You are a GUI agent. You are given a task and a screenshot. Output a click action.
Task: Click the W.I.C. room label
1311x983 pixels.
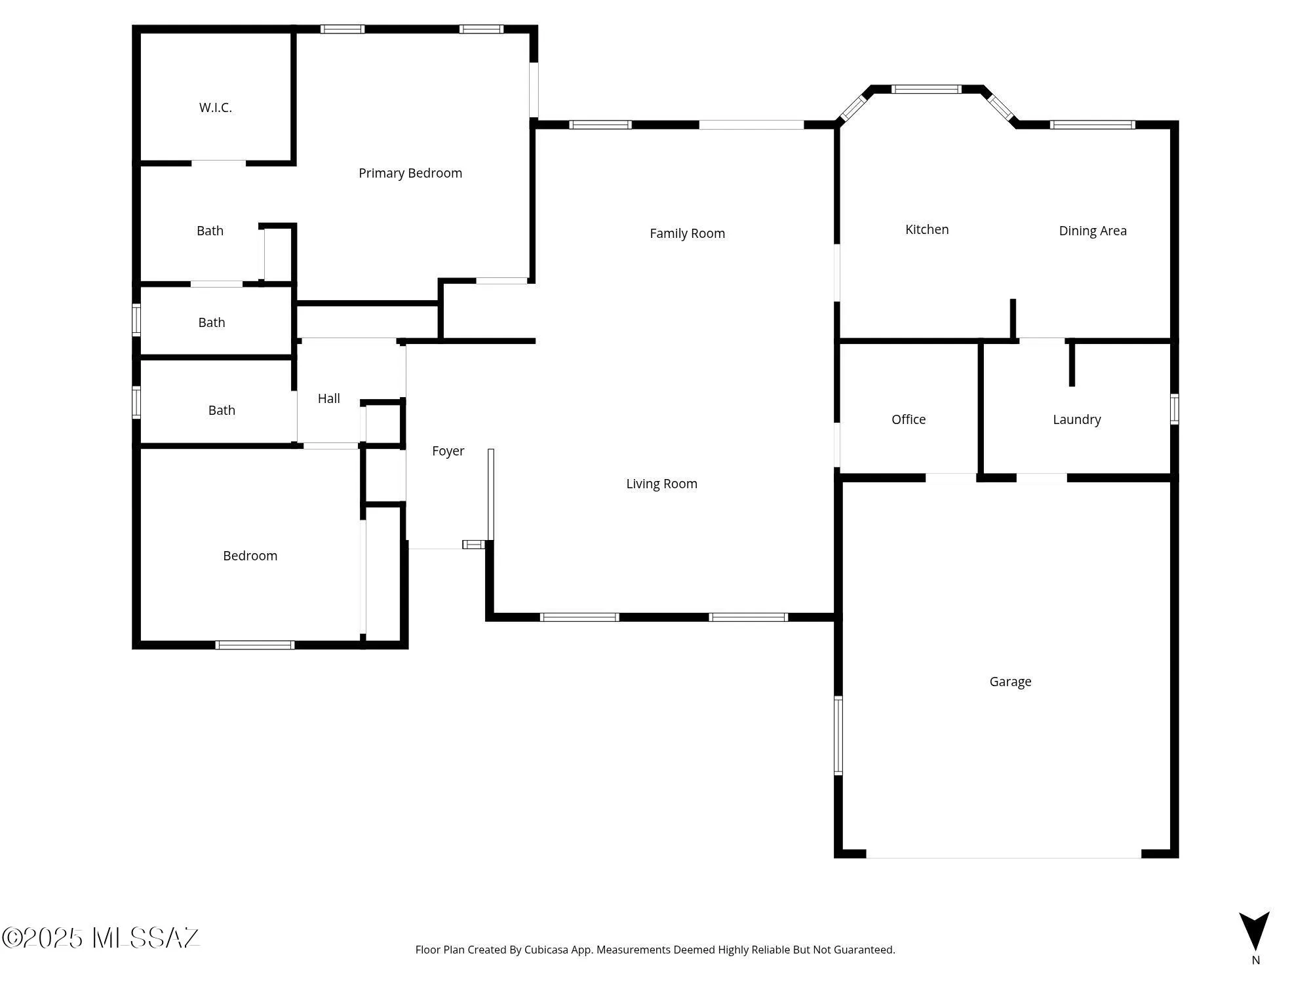[x=215, y=107]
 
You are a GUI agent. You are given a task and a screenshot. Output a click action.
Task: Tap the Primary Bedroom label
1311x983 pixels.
[x=410, y=173]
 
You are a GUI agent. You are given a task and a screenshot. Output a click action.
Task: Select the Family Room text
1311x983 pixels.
[x=687, y=233]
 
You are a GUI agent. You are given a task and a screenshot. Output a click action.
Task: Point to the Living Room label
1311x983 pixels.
[x=661, y=484]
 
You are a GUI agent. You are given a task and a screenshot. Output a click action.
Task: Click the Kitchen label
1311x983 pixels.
[x=926, y=229]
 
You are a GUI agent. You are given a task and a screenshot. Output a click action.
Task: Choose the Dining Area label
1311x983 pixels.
[x=1092, y=231]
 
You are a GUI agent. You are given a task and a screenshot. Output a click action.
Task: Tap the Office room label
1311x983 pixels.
[x=908, y=419]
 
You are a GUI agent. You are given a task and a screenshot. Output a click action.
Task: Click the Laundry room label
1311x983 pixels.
[x=1076, y=419]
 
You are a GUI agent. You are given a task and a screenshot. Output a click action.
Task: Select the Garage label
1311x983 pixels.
[x=1009, y=682]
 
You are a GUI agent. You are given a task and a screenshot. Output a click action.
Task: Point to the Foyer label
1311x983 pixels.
[x=448, y=451]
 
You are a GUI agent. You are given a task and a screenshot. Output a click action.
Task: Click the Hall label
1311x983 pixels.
[x=328, y=398]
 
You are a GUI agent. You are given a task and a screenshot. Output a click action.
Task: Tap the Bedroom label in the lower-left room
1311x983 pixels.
[x=250, y=556]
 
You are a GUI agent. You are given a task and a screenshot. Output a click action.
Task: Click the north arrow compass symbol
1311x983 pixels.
[x=1254, y=931]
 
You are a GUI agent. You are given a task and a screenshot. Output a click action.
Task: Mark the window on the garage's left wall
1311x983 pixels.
[x=838, y=735]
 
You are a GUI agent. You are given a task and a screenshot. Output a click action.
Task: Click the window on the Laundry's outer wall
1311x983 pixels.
[x=1174, y=409]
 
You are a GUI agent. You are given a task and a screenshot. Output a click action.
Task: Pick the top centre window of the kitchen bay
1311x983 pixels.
[x=926, y=89]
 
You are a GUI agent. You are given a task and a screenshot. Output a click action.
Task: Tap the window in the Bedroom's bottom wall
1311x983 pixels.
[x=254, y=645]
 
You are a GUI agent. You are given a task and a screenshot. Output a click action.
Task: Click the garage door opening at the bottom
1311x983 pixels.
[x=1003, y=855]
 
